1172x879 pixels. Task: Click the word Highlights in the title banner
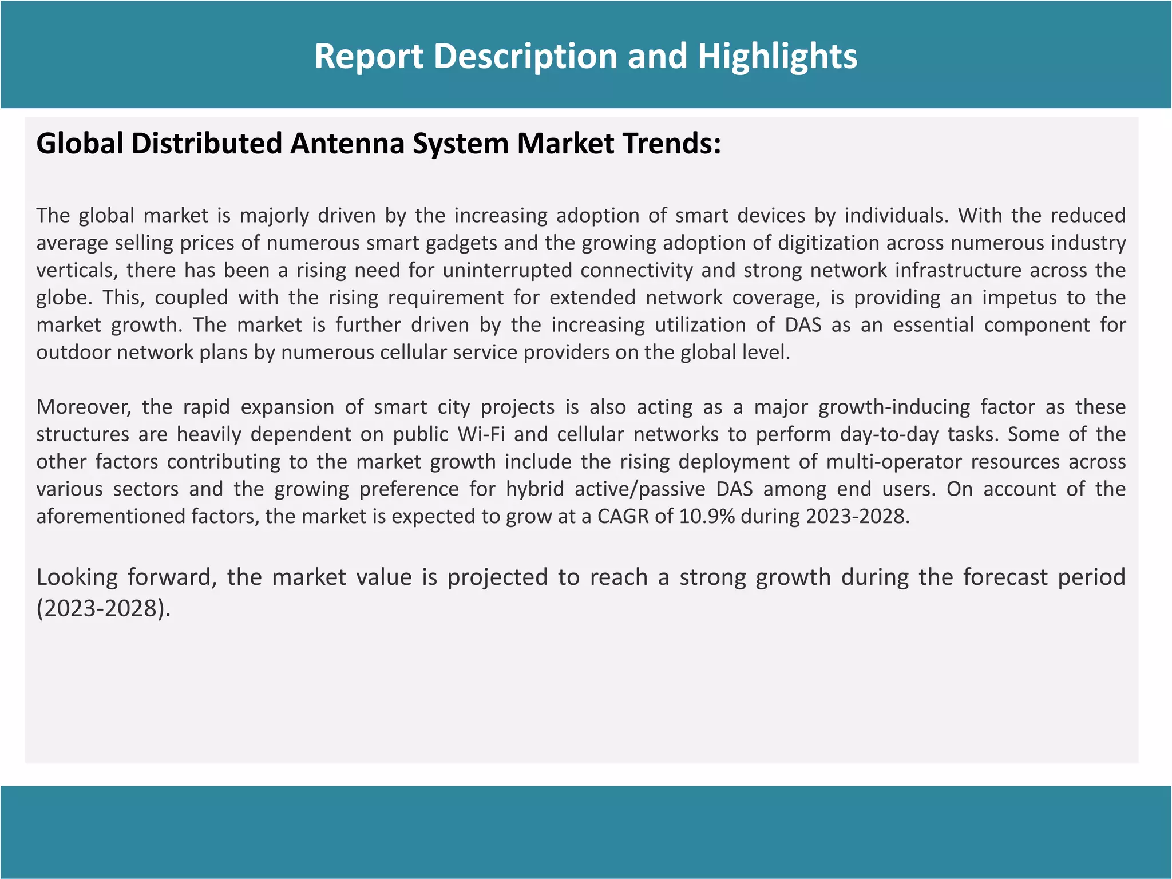pos(777,57)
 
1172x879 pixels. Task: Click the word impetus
pos(1015,298)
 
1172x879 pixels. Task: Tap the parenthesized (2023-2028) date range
pos(104,608)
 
